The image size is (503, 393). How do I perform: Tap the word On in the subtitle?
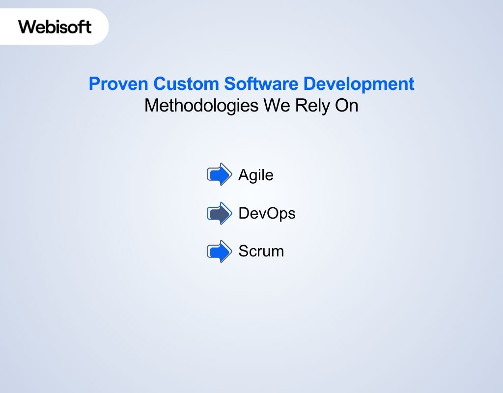tap(346, 106)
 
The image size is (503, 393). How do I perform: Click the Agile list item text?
tap(255, 175)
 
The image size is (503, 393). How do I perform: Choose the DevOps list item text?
tap(267, 214)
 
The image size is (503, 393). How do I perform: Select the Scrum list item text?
tap(261, 252)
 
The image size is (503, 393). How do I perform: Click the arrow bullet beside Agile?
tap(219, 174)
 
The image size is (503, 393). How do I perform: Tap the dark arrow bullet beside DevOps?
tap(219, 213)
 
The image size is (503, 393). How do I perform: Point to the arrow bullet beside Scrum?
tap(219, 252)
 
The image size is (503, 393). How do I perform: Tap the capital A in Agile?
tap(243, 175)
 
